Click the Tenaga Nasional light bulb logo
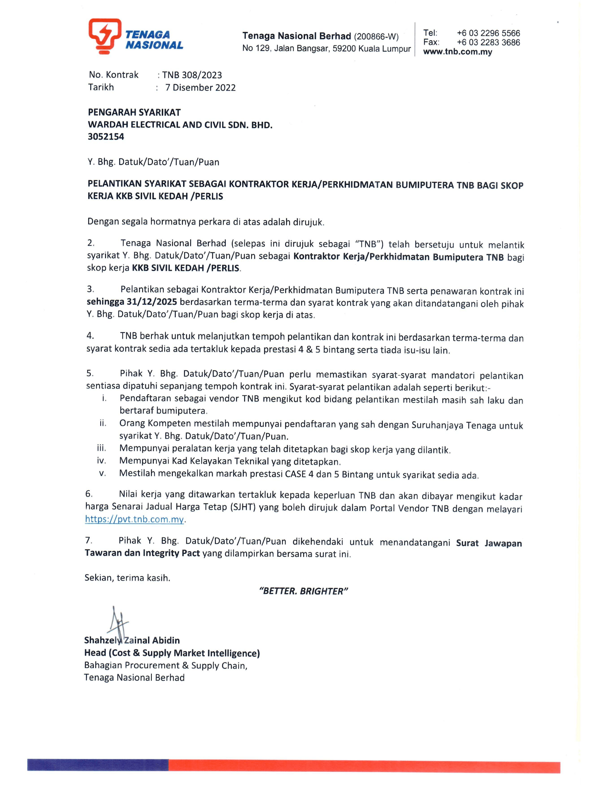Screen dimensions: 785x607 (x=105, y=36)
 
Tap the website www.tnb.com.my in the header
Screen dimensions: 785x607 (x=457, y=52)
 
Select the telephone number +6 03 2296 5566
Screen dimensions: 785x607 (x=488, y=34)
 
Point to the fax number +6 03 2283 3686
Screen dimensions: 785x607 (x=488, y=42)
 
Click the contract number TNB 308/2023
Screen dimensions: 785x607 (x=192, y=75)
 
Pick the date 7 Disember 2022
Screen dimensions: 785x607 (x=200, y=88)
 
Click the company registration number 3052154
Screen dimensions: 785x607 (x=106, y=137)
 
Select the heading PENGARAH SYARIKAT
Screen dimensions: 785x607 (x=134, y=112)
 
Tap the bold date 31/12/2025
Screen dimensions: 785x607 (x=152, y=302)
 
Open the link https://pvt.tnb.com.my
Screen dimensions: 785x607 (x=135, y=520)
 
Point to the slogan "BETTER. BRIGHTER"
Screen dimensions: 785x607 (x=303, y=591)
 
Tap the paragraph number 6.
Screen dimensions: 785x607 (x=89, y=494)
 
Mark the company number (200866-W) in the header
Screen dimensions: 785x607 (x=376, y=37)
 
